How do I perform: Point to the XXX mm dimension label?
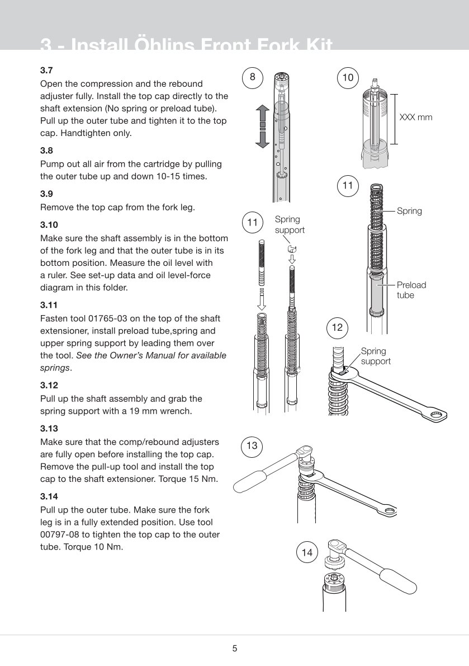coord(416,118)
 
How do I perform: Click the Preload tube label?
coord(411,289)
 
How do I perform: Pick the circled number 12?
coord(337,327)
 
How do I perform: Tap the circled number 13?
coord(252,445)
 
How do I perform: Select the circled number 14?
coord(307,553)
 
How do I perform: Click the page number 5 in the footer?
coord(235,649)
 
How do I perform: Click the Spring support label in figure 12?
coord(375,356)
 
